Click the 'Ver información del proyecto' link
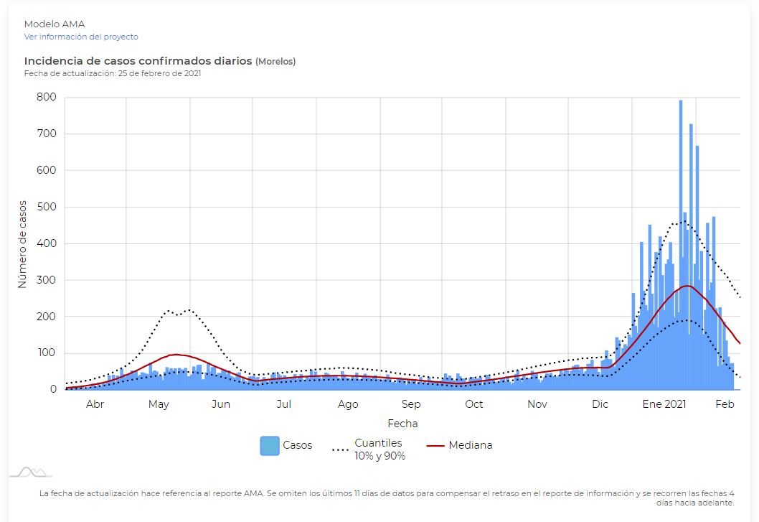pos(81,37)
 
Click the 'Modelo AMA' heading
pos(55,24)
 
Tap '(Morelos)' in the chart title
pos(275,62)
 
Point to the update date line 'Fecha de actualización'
pos(113,73)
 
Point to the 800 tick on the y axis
pos(47,97)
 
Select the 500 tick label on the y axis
pos(47,207)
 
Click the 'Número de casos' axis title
pos(22,244)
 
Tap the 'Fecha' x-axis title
pos(402,424)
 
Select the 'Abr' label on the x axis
pos(95,404)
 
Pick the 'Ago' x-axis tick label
pos(348,404)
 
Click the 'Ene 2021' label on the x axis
pos(664,404)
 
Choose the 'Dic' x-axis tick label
pos(600,404)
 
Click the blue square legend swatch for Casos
pos(270,446)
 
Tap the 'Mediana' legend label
pos(471,445)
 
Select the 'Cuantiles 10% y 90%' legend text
pos(379,449)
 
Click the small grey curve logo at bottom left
pos(31,472)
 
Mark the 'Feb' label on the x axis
pos(725,404)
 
